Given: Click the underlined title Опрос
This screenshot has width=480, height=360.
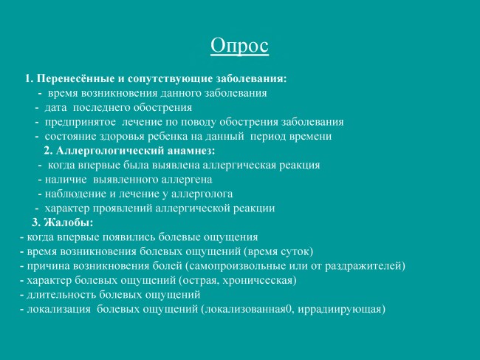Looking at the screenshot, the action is (x=239, y=46).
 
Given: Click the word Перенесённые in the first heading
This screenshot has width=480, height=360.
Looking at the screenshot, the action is (x=75, y=79).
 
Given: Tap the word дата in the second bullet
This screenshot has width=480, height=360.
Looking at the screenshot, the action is (x=55, y=107).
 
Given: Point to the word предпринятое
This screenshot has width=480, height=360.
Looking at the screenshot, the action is (x=80, y=122).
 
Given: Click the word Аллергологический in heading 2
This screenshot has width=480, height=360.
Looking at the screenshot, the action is (x=110, y=151).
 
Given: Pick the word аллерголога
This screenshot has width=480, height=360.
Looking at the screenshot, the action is (x=202, y=194).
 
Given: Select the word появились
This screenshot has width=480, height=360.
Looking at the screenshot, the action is (x=128, y=237).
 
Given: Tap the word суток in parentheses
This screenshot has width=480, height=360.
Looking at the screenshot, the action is (x=294, y=252).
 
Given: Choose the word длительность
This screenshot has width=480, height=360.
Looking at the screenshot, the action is (x=61, y=295).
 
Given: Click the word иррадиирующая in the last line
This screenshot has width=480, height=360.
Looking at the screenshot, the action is (x=339, y=310).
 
